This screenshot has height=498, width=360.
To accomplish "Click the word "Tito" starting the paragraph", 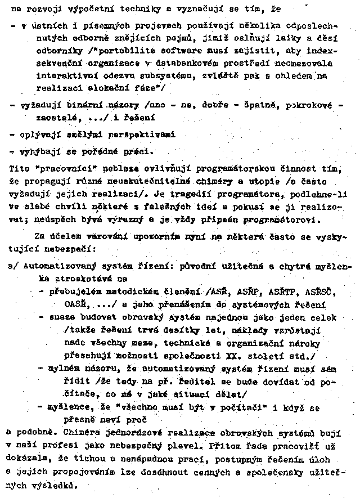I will coord(20,168).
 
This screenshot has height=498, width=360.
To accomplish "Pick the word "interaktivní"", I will coord(62,76).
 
